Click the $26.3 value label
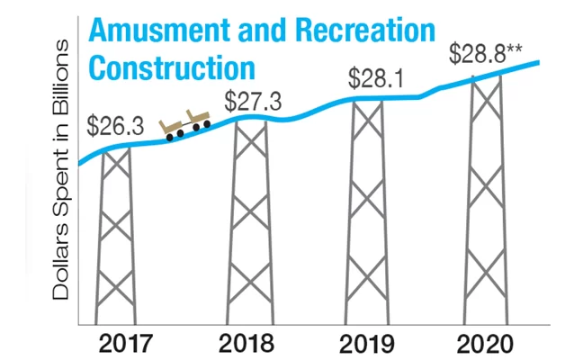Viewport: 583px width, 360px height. [113, 125]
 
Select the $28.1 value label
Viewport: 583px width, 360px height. [376, 76]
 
